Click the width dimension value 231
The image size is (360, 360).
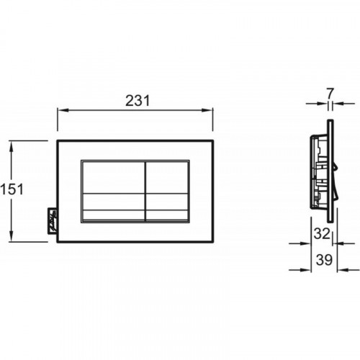pos(138,101)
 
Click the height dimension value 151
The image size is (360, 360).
pos(12,189)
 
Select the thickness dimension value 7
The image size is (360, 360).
pos(330,94)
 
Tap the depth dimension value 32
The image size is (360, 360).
pos(322,233)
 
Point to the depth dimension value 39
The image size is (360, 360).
pos(324,260)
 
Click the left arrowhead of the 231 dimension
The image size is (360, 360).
pos(63,110)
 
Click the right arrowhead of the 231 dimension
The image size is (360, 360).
pos(207,110)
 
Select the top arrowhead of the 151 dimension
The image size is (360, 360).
pos(11,147)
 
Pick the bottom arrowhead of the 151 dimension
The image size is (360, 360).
pos(11,236)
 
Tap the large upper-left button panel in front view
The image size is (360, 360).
pos(113,177)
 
